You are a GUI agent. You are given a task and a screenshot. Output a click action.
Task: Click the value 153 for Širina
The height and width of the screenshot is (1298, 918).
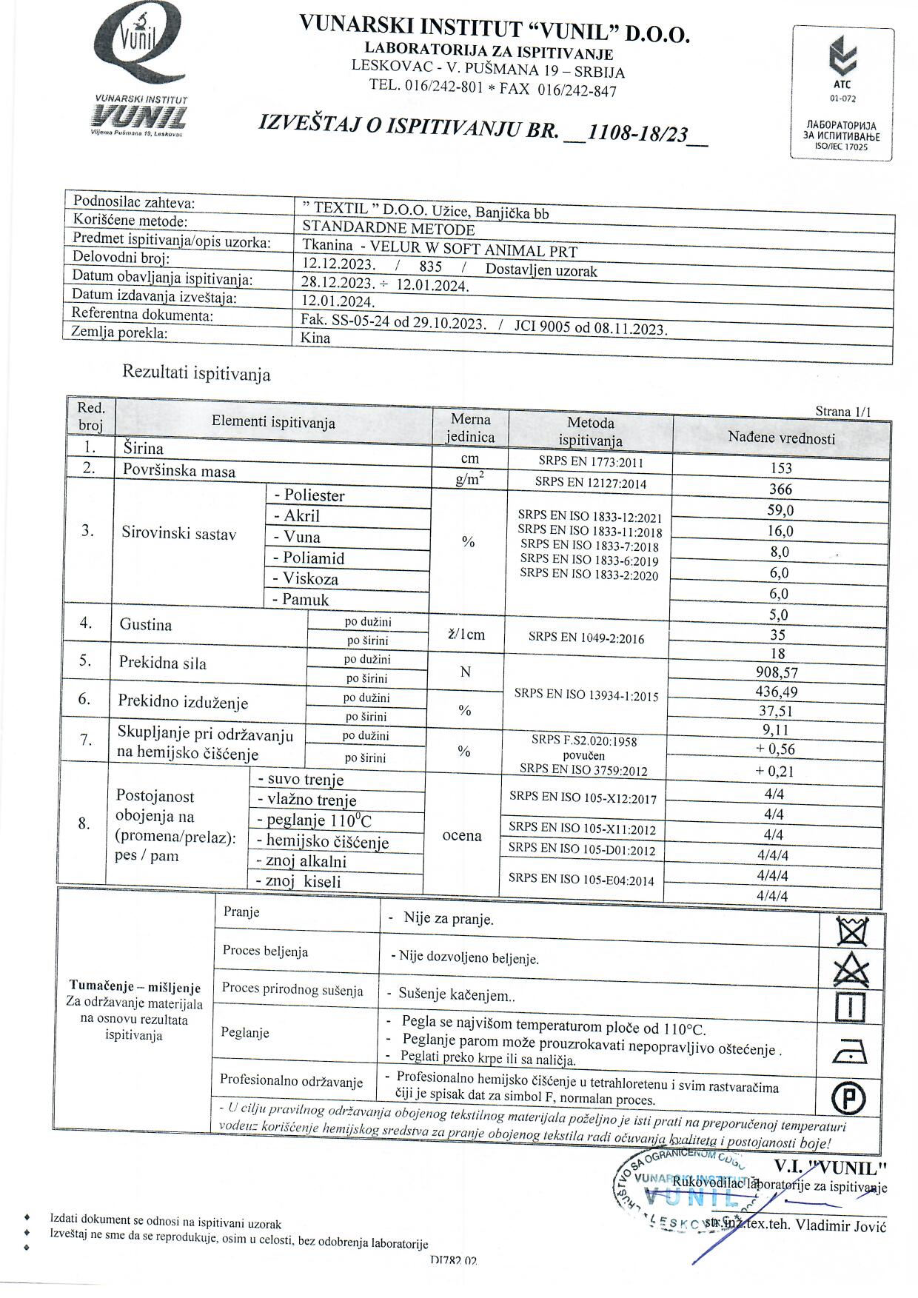point(780,468)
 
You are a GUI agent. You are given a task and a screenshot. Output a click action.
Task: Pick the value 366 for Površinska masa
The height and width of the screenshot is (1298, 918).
point(780,489)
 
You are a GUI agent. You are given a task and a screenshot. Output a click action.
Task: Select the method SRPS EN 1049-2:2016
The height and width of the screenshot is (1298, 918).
point(586,638)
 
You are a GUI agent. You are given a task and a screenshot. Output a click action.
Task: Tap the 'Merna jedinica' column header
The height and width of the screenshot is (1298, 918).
point(470,428)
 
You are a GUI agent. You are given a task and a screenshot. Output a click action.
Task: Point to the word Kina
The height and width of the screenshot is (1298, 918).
point(315,338)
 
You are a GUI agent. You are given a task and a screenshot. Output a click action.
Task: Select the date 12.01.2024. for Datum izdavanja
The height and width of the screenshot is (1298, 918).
point(338,301)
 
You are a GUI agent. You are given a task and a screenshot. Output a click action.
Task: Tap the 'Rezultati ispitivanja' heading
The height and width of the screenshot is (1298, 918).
point(196,373)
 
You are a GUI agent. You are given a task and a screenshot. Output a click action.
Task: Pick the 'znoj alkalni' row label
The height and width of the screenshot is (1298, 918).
point(301,861)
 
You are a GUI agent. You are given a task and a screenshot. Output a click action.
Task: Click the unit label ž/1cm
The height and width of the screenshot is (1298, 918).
point(466,635)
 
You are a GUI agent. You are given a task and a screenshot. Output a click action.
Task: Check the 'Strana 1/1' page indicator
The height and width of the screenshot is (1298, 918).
point(843,412)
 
